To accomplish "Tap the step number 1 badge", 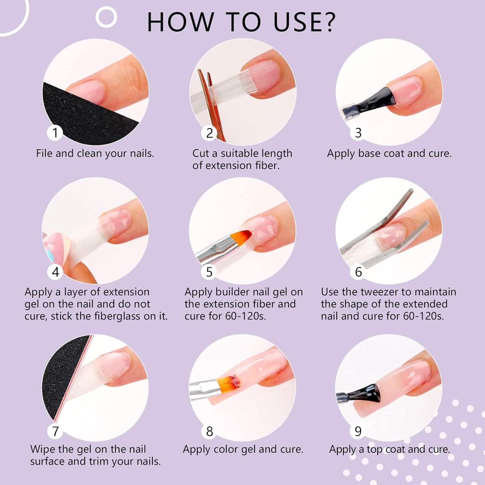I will click(55, 133).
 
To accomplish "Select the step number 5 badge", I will click(209, 272).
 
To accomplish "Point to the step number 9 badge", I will click(358, 431).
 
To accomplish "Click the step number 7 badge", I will click(55, 431).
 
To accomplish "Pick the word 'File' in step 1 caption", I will click(44, 153).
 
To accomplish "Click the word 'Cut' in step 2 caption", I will click(200, 153).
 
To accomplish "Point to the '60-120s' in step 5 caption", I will click(246, 316).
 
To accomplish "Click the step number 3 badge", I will click(358, 133).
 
